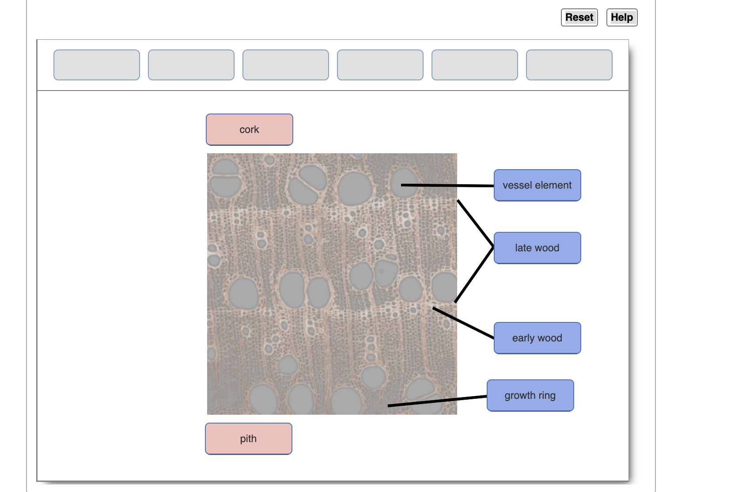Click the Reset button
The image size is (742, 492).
[x=579, y=18]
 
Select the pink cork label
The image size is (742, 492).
[x=249, y=129]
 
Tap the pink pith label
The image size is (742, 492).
[x=248, y=439]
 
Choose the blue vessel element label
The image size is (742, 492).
[x=537, y=185]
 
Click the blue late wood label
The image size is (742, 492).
[x=537, y=248]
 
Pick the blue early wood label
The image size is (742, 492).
[x=537, y=338]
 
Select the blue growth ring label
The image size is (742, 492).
[x=530, y=395]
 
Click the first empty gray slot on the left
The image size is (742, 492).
[x=97, y=65]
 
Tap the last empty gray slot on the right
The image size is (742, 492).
[x=569, y=65]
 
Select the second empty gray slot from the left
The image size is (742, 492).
[x=191, y=65]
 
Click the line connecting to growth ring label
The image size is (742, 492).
[x=437, y=401]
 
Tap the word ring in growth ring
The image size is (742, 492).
[x=547, y=395]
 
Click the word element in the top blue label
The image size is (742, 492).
[x=553, y=185]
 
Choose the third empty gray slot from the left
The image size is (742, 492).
[x=286, y=65]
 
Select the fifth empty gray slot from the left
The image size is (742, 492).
[x=474, y=65]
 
